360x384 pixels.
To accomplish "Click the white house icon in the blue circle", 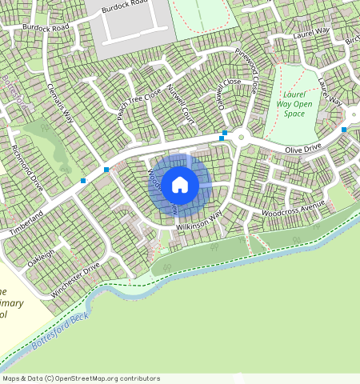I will click(x=180, y=185).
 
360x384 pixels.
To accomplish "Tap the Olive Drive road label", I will click(x=305, y=150).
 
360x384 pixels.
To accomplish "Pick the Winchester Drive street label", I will click(x=74, y=281).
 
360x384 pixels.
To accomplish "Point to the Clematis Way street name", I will click(x=60, y=102).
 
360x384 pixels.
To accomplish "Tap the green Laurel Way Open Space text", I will click(x=294, y=103).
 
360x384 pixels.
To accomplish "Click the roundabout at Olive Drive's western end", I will click(x=241, y=137).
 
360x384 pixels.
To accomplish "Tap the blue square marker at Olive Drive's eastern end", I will click(x=344, y=129).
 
